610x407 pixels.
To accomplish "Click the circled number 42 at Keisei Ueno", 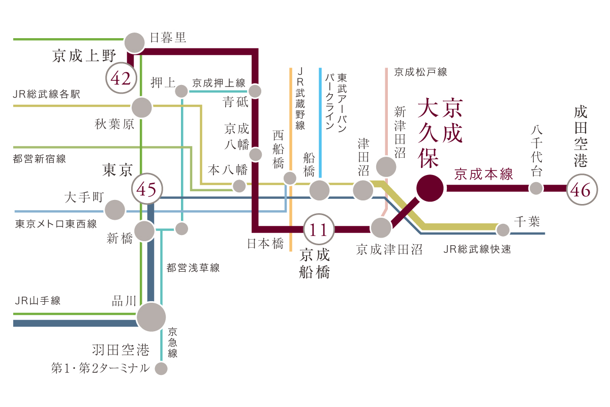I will (121, 79).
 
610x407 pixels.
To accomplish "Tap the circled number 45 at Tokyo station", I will (147, 190).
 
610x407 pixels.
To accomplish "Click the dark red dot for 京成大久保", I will (430, 188).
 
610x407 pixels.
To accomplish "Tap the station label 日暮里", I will (168, 38).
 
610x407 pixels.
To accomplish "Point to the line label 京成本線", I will (484, 175).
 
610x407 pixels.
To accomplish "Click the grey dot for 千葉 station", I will (503, 230).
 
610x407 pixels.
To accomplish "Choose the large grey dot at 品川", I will (151, 316).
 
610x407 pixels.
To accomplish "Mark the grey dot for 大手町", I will (115, 210).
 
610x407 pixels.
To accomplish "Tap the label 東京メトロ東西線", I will (56, 224).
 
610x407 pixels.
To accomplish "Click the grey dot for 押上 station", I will (181, 92).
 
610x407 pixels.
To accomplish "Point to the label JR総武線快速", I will (477, 249).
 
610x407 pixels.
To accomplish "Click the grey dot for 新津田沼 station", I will (386, 166).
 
